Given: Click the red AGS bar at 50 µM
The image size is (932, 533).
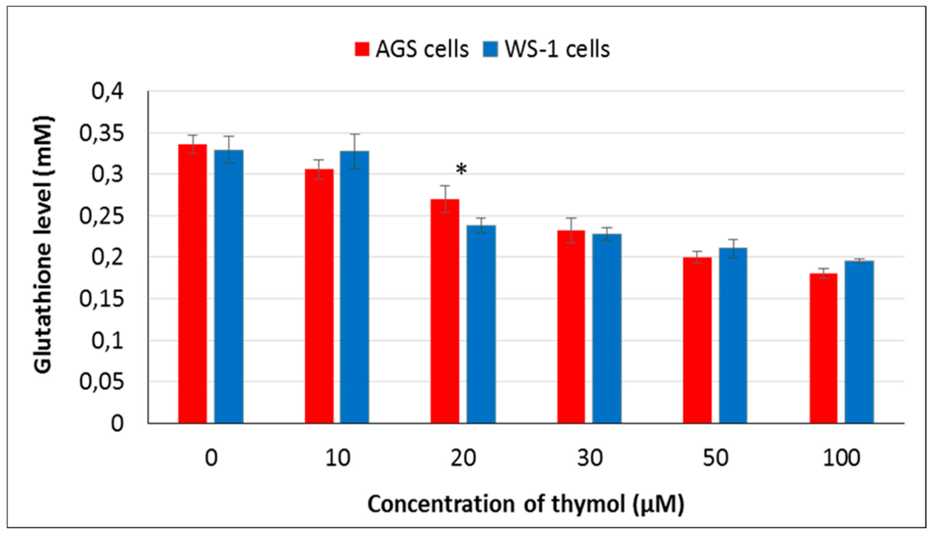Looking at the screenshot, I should pyautogui.click(x=697, y=340).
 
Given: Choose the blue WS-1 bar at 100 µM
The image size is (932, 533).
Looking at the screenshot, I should pyautogui.click(x=859, y=342).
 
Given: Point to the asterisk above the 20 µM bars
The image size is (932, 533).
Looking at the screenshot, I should pyautogui.click(x=461, y=170).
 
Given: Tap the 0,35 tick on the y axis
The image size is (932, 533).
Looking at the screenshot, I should pyautogui.click(x=101, y=133).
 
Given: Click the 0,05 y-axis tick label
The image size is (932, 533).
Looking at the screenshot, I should pyautogui.click(x=101, y=382).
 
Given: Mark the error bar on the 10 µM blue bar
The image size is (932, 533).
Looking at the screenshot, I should pyautogui.click(x=354, y=151).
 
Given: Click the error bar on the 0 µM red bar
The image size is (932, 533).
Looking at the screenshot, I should pyautogui.click(x=192, y=144).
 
